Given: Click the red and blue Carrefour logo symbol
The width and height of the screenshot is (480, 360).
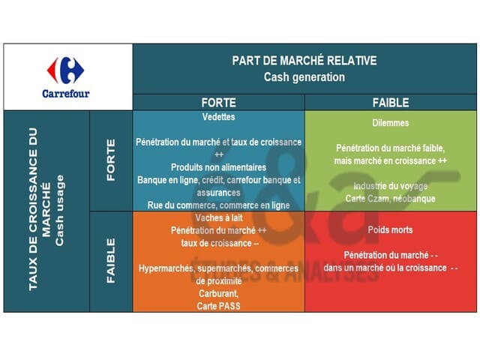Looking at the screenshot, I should point(67,70).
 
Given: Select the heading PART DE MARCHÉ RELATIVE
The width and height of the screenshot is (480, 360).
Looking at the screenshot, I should point(304,61).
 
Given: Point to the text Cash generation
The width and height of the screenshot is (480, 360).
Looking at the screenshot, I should point(304,76).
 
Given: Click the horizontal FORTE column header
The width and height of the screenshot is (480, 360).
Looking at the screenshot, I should point(218,103).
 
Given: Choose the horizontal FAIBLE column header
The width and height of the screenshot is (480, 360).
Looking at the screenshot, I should point(391,103).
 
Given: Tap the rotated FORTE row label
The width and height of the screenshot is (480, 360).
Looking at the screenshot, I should point(111,160).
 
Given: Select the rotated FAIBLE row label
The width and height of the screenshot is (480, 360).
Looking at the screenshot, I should point(111,260).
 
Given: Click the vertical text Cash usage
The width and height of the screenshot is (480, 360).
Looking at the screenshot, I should point(61,211).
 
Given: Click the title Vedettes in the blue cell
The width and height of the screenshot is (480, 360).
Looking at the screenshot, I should point(218,118).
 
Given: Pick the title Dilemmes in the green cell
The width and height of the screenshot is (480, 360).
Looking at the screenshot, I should point(391,122).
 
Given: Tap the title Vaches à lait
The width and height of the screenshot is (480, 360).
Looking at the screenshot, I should point(218,217).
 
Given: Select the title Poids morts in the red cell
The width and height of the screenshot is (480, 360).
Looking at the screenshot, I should point(391,229).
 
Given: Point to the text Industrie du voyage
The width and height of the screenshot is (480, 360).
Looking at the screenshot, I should point(391,186).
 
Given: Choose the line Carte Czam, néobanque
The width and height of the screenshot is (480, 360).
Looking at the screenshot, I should point(391,199).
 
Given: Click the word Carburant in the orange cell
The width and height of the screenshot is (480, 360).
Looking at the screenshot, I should point(218,293).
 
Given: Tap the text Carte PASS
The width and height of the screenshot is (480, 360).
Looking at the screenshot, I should point(218,306).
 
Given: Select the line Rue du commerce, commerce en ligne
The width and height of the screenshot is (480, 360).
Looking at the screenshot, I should point(218,204).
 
